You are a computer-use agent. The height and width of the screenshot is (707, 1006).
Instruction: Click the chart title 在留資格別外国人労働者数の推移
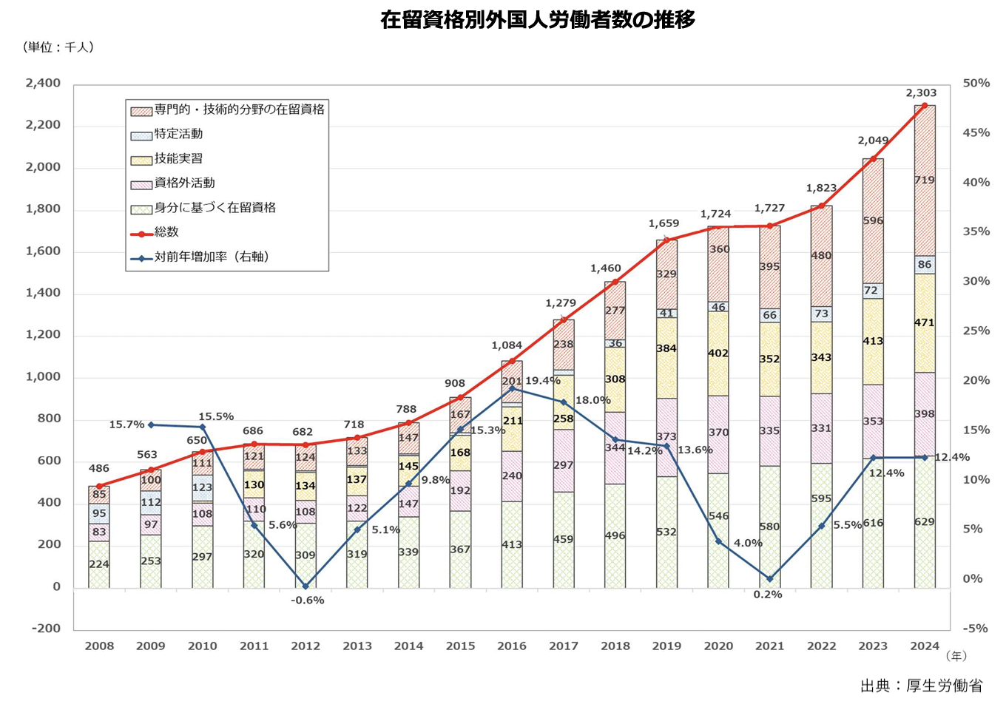pyautogui.click(x=538, y=19)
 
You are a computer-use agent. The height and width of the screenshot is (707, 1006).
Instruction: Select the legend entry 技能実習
pyautogui.click(x=178, y=158)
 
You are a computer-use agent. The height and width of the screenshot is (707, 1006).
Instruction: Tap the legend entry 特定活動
pyautogui.click(x=178, y=134)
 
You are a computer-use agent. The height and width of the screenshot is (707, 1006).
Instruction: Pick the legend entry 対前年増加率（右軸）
pyautogui.click(x=211, y=257)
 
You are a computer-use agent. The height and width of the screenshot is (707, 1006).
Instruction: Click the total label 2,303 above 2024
pyautogui.click(x=921, y=93)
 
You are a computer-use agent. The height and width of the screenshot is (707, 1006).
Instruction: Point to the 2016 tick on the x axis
pyautogui.click(x=512, y=646)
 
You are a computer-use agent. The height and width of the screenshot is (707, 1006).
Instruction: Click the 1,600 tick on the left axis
pyautogui.click(x=43, y=251)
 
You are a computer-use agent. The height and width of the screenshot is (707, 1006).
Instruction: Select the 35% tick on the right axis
pyautogui.click(x=976, y=231)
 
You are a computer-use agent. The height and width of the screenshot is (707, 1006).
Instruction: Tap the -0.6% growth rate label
pyautogui.click(x=307, y=600)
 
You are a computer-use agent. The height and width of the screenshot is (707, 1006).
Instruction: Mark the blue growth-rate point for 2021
pyautogui.click(x=769, y=578)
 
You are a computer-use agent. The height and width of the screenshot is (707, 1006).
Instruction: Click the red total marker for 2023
pyautogui.click(x=873, y=158)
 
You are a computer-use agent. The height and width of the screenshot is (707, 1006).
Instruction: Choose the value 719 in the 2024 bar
pyautogui.click(x=924, y=180)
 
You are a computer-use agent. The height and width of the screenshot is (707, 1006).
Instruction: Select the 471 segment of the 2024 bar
pyautogui.click(x=924, y=322)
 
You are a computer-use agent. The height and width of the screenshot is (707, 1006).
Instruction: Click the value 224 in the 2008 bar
pyautogui.click(x=99, y=564)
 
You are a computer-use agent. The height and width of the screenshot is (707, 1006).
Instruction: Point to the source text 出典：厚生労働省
pyautogui.click(x=921, y=686)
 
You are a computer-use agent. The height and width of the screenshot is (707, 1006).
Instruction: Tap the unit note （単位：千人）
pyautogui.click(x=59, y=47)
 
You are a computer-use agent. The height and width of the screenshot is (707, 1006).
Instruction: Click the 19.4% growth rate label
pyautogui.click(x=543, y=381)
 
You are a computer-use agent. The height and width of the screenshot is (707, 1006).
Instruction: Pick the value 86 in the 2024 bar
pyautogui.click(x=925, y=264)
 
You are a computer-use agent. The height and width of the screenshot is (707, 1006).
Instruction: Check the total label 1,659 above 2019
pyautogui.click(x=664, y=223)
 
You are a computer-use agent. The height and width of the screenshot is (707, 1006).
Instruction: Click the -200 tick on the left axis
pyautogui.click(x=46, y=628)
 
